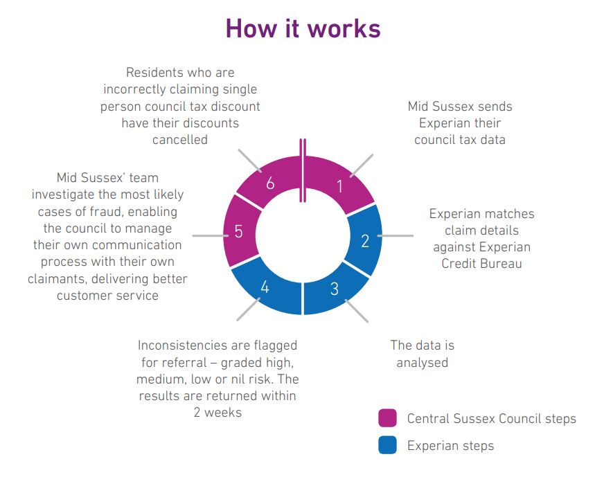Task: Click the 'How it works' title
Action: point(303,28)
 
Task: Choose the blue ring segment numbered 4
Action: point(265,288)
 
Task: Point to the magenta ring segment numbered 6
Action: point(269,181)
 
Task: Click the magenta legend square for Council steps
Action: point(387,418)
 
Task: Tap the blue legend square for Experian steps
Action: point(387,445)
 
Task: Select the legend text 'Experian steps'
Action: point(450,446)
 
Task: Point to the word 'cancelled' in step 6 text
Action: point(180,139)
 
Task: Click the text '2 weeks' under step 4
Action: point(217,413)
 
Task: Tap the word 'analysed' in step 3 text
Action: point(423,362)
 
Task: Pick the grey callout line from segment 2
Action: point(396,235)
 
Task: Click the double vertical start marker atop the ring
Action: point(303,170)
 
